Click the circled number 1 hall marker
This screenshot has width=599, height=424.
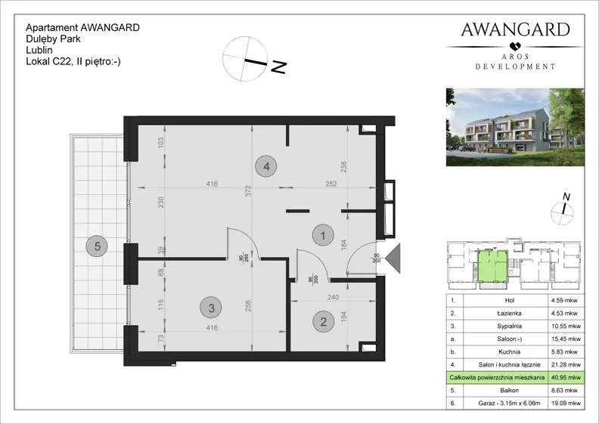pos(323,236)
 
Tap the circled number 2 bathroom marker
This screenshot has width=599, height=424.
pos(323,322)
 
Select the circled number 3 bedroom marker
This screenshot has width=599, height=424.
pos(212,308)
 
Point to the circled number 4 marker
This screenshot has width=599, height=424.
pos(266,166)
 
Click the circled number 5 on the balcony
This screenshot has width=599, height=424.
pos(97,246)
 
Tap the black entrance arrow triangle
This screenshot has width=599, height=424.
pos(393,258)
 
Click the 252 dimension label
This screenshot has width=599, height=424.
pos(331,184)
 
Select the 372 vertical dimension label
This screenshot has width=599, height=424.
pos(248,190)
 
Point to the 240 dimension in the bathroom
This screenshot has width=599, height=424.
pos(333,297)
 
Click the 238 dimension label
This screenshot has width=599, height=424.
pos(343,167)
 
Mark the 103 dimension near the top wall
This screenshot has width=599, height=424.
pos(161,143)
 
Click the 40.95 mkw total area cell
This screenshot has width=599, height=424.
pos(566,377)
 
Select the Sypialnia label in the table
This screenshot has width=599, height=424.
pos(510,326)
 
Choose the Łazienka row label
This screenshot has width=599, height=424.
pos(510,314)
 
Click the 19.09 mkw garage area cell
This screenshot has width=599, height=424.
pos(566,403)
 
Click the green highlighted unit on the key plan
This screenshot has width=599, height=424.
pos(493,266)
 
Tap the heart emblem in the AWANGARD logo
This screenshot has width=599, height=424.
pos(515,46)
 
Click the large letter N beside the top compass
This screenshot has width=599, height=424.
pos(278,67)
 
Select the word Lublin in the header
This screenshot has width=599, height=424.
pos(39,50)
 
